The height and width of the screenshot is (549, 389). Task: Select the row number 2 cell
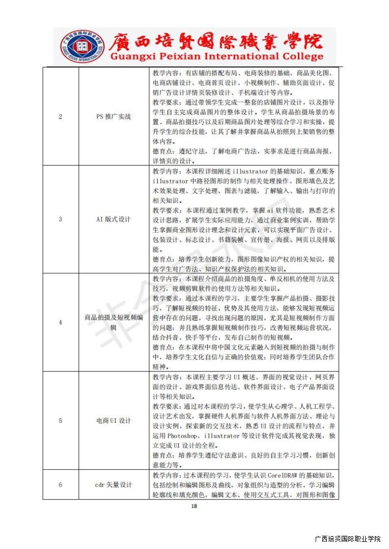pos(61,116)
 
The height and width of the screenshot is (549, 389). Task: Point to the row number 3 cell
pos(61,219)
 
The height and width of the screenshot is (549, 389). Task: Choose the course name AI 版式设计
pos(114,219)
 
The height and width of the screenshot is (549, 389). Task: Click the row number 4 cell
pos(61,322)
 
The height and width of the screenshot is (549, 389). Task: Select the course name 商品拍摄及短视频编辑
pos(114,322)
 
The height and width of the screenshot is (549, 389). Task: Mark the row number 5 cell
pos(61,420)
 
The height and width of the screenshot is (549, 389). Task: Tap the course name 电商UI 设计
pos(114,420)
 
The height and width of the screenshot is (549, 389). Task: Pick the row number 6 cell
pos(61,484)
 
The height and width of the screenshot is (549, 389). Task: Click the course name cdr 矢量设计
pos(114,484)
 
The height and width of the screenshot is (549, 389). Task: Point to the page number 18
pos(193,506)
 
